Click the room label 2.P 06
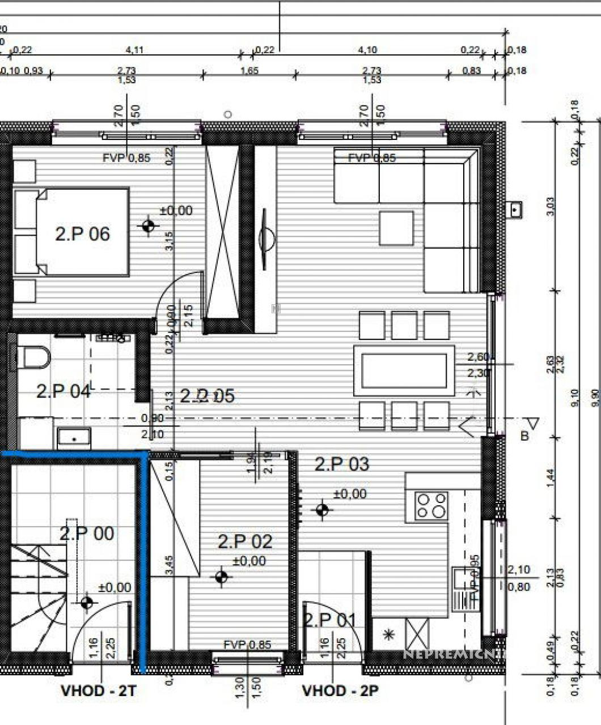click(82, 233)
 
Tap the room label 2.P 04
click(63, 391)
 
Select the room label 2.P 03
click(342, 464)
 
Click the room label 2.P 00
click(87, 533)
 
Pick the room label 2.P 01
click(331, 620)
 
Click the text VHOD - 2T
click(99, 690)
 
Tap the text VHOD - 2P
click(340, 690)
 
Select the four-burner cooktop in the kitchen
click(431, 506)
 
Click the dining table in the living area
click(404, 370)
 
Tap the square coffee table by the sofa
click(396, 228)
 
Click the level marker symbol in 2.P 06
click(149, 227)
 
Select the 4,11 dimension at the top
click(134, 50)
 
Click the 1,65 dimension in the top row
click(249, 70)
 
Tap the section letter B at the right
click(524, 436)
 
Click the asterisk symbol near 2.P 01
click(389, 634)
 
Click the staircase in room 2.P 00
click(39, 598)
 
